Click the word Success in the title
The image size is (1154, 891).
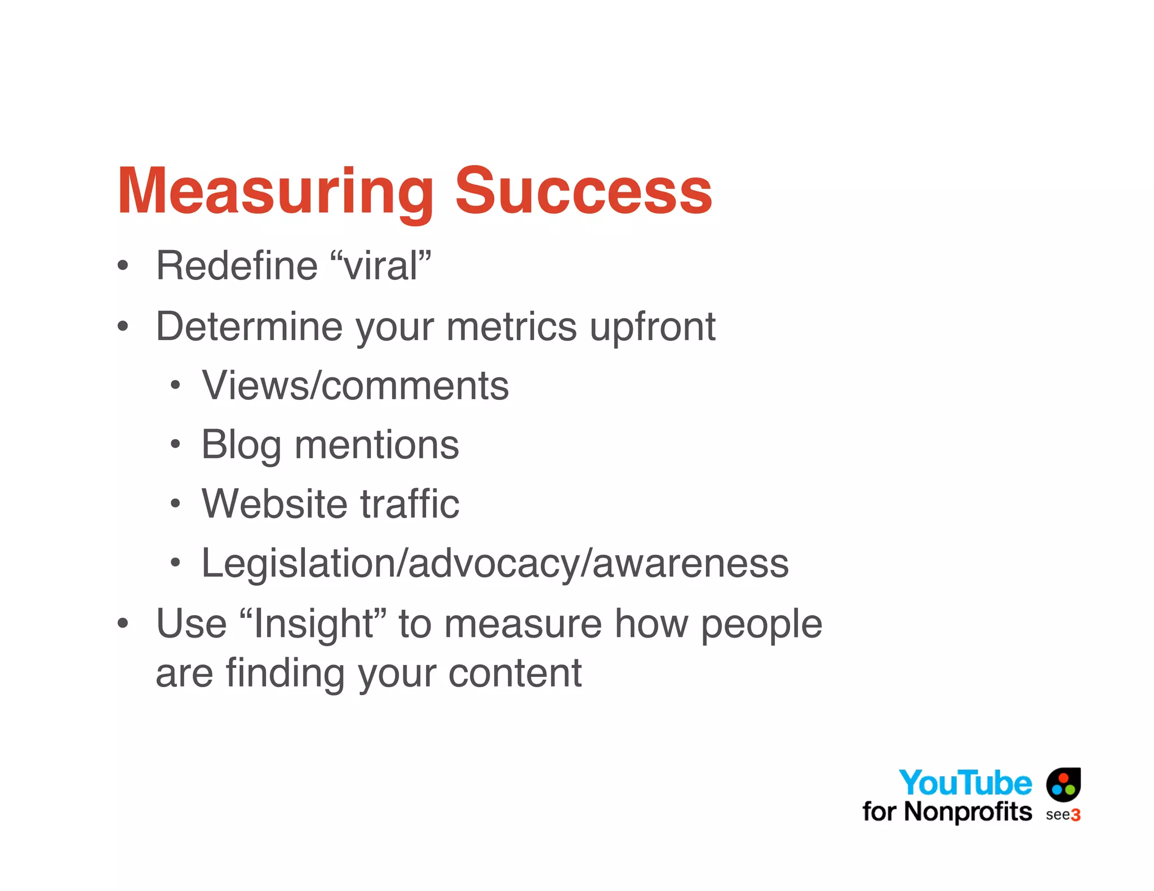(583, 191)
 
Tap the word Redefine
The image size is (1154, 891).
(237, 266)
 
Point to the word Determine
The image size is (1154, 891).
(248, 327)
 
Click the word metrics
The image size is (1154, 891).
(512, 327)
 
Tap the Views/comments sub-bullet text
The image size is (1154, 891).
(355, 386)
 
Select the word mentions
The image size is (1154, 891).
(376, 445)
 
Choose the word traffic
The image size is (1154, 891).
(410, 504)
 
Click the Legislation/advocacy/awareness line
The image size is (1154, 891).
(495, 563)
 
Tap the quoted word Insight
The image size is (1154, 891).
(313, 624)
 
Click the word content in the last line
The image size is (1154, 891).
(514, 673)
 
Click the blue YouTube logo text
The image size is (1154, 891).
(965, 783)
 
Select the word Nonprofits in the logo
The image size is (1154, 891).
(967, 812)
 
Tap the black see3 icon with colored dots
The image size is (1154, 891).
(1063, 784)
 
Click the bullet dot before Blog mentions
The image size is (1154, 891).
(175, 444)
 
